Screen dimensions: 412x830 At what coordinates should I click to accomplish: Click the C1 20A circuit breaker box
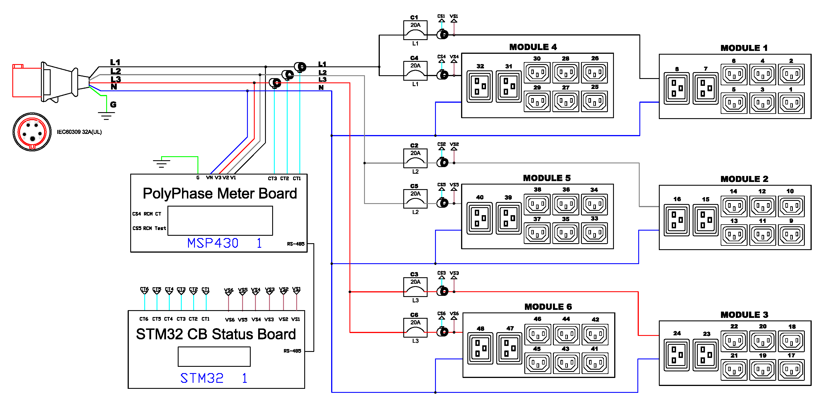(x=415, y=30)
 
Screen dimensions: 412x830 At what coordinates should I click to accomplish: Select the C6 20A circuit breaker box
(x=415, y=327)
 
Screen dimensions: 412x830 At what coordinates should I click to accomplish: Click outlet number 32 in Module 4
(x=479, y=87)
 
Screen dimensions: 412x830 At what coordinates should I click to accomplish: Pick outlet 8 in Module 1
(x=676, y=88)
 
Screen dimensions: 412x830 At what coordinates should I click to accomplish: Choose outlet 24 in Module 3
(x=676, y=355)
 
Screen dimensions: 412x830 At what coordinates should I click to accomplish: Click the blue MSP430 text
(x=213, y=243)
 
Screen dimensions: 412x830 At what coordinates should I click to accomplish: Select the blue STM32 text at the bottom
(x=202, y=378)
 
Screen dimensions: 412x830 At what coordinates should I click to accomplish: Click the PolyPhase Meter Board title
(x=220, y=194)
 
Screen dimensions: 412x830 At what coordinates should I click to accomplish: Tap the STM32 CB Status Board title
(x=216, y=334)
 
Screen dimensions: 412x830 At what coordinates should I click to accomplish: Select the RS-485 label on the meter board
(x=295, y=244)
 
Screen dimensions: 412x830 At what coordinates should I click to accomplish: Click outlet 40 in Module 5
(x=479, y=218)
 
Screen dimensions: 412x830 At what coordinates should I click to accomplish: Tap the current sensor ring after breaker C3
(x=443, y=291)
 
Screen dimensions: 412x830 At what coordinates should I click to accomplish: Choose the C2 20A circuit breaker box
(x=415, y=158)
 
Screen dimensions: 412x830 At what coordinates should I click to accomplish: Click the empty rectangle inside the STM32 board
(x=214, y=356)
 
